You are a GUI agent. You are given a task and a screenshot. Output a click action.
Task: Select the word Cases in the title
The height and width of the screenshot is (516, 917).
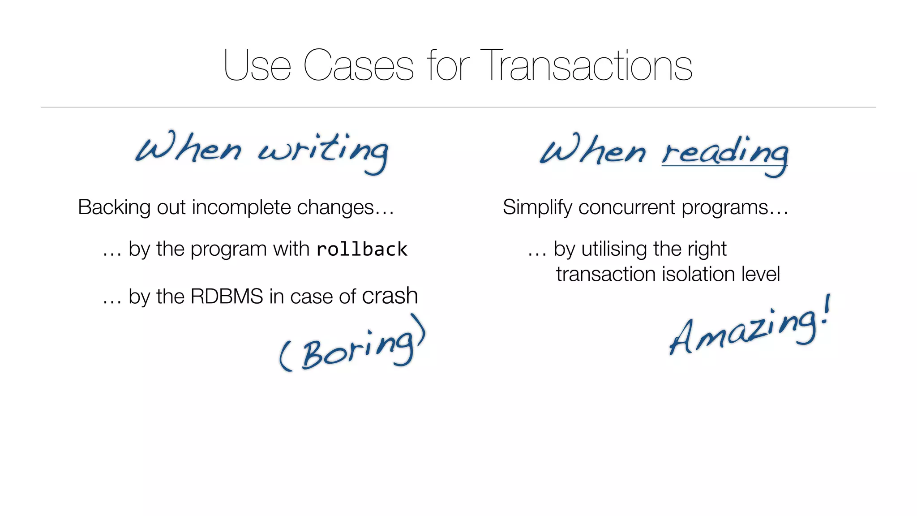[358, 66]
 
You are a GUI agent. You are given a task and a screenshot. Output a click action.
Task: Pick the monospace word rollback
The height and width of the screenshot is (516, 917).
[362, 249]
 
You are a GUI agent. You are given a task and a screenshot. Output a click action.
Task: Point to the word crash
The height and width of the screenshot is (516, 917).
[390, 296]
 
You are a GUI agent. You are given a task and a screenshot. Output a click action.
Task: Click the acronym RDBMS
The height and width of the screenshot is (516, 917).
[227, 297]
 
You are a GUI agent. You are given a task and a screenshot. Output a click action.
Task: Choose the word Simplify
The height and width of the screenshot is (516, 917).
[537, 208]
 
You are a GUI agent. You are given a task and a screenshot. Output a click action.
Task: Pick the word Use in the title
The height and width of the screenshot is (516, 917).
[257, 66]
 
